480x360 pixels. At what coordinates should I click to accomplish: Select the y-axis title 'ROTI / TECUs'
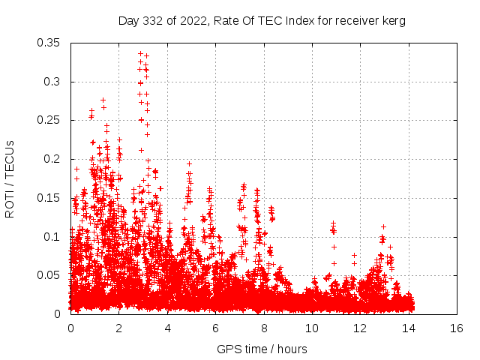click(10, 178)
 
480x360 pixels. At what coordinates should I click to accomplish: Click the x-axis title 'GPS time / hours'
click(262, 349)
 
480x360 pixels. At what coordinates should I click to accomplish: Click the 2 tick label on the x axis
click(119, 328)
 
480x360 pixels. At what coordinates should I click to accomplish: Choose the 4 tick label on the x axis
click(167, 328)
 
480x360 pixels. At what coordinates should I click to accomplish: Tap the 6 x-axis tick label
click(216, 328)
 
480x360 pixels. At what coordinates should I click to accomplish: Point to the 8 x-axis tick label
click(264, 328)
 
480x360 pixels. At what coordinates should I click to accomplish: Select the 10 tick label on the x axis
click(312, 328)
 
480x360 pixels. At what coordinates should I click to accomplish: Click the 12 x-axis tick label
click(361, 328)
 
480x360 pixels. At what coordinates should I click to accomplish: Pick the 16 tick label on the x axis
click(457, 328)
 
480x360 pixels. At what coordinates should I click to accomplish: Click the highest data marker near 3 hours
click(140, 54)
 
